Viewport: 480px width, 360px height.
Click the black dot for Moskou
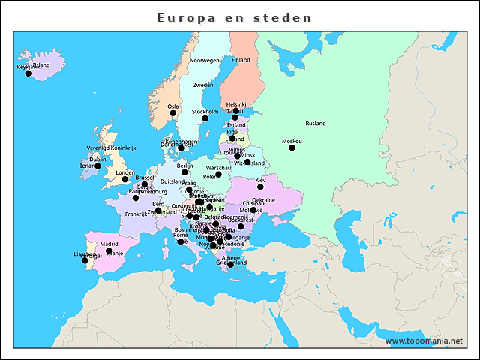coord(292,148)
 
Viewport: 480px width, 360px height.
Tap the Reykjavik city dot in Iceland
coord(28,73)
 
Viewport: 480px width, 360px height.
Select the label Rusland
coord(315,123)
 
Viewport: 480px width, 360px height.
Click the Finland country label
coord(241,60)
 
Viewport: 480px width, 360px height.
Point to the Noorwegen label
coord(204,60)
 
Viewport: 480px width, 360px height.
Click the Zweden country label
coord(203,85)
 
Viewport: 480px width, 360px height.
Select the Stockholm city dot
coord(205,118)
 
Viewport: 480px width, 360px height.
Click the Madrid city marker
coord(109,251)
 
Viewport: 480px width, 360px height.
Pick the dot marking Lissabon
coord(85,260)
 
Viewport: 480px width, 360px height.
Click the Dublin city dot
coord(97,166)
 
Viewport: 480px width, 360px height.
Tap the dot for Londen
coord(125,179)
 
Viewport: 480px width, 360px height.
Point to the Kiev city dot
coord(260,187)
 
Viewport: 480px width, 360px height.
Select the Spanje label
coord(114,253)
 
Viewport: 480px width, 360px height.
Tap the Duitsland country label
coord(172,181)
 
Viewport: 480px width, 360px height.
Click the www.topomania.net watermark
coord(424,340)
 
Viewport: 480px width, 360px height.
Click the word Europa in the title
coord(188,16)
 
